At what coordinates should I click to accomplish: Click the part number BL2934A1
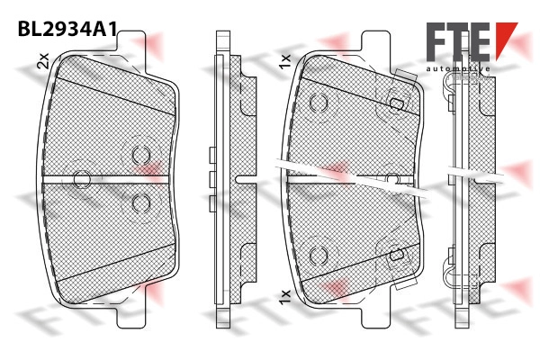coord(67,29)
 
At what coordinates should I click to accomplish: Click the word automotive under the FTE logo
coord(458,69)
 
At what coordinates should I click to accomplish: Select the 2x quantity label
coord(43,60)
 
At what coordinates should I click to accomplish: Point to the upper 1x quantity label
coord(285,61)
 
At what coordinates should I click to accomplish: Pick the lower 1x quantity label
coord(285,297)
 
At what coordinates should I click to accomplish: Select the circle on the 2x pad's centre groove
coord(82,179)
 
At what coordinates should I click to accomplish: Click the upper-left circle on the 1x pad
coord(319,103)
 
